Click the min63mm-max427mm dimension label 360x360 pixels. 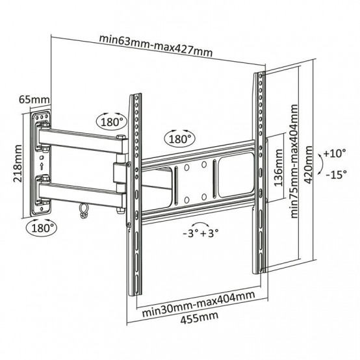(x=156, y=45)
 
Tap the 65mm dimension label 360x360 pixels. (x=34, y=99)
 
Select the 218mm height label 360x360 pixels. (x=18, y=164)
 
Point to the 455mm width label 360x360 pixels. (x=199, y=318)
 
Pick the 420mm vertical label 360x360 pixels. (x=308, y=164)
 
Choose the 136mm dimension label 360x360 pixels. (x=278, y=168)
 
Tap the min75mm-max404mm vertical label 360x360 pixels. (x=294, y=161)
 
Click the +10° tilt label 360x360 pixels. (x=334, y=153)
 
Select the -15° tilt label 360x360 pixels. (x=336, y=174)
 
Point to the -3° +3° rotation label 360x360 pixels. (x=200, y=233)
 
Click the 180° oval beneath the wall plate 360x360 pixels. (x=42, y=228)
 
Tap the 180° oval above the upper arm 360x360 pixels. (x=111, y=122)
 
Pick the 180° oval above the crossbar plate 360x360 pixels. (x=180, y=139)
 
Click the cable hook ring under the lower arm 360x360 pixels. (x=83, y=211)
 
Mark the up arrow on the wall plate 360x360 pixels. (x=42, y=166)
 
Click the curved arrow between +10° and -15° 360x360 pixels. (x=321, y=164)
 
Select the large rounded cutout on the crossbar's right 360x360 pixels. (x=236, y=175)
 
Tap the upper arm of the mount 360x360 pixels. (x=81, y=140)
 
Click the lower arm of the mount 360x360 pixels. (x=81, y=194)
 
